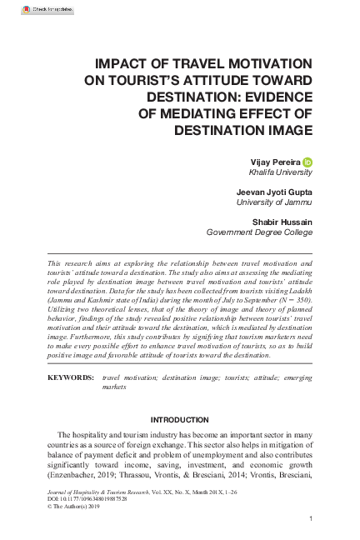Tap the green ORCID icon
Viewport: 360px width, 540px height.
click(307, 161)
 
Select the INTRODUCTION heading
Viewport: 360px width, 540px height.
click(179, 418)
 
